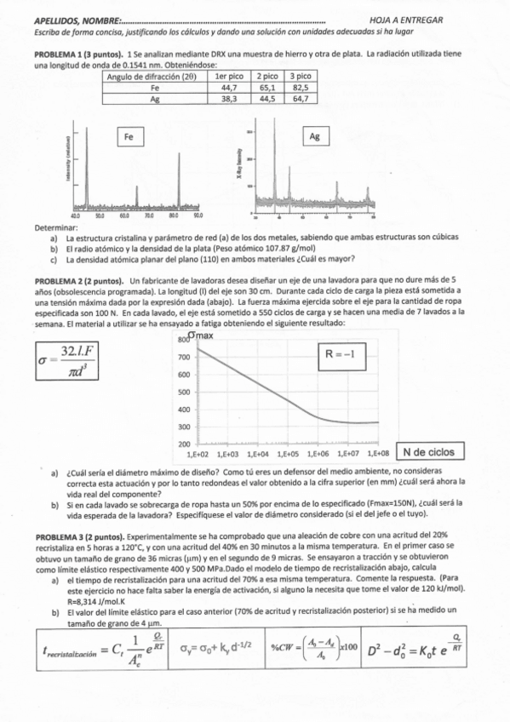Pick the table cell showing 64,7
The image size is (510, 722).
coord(301,99)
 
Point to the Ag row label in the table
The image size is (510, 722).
coord(155,99)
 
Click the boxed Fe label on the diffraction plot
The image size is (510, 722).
coord(132,135)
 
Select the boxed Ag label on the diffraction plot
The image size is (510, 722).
coord(315,135)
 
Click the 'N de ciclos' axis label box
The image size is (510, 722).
coord(428,452)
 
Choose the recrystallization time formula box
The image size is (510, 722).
coord(99,653)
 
